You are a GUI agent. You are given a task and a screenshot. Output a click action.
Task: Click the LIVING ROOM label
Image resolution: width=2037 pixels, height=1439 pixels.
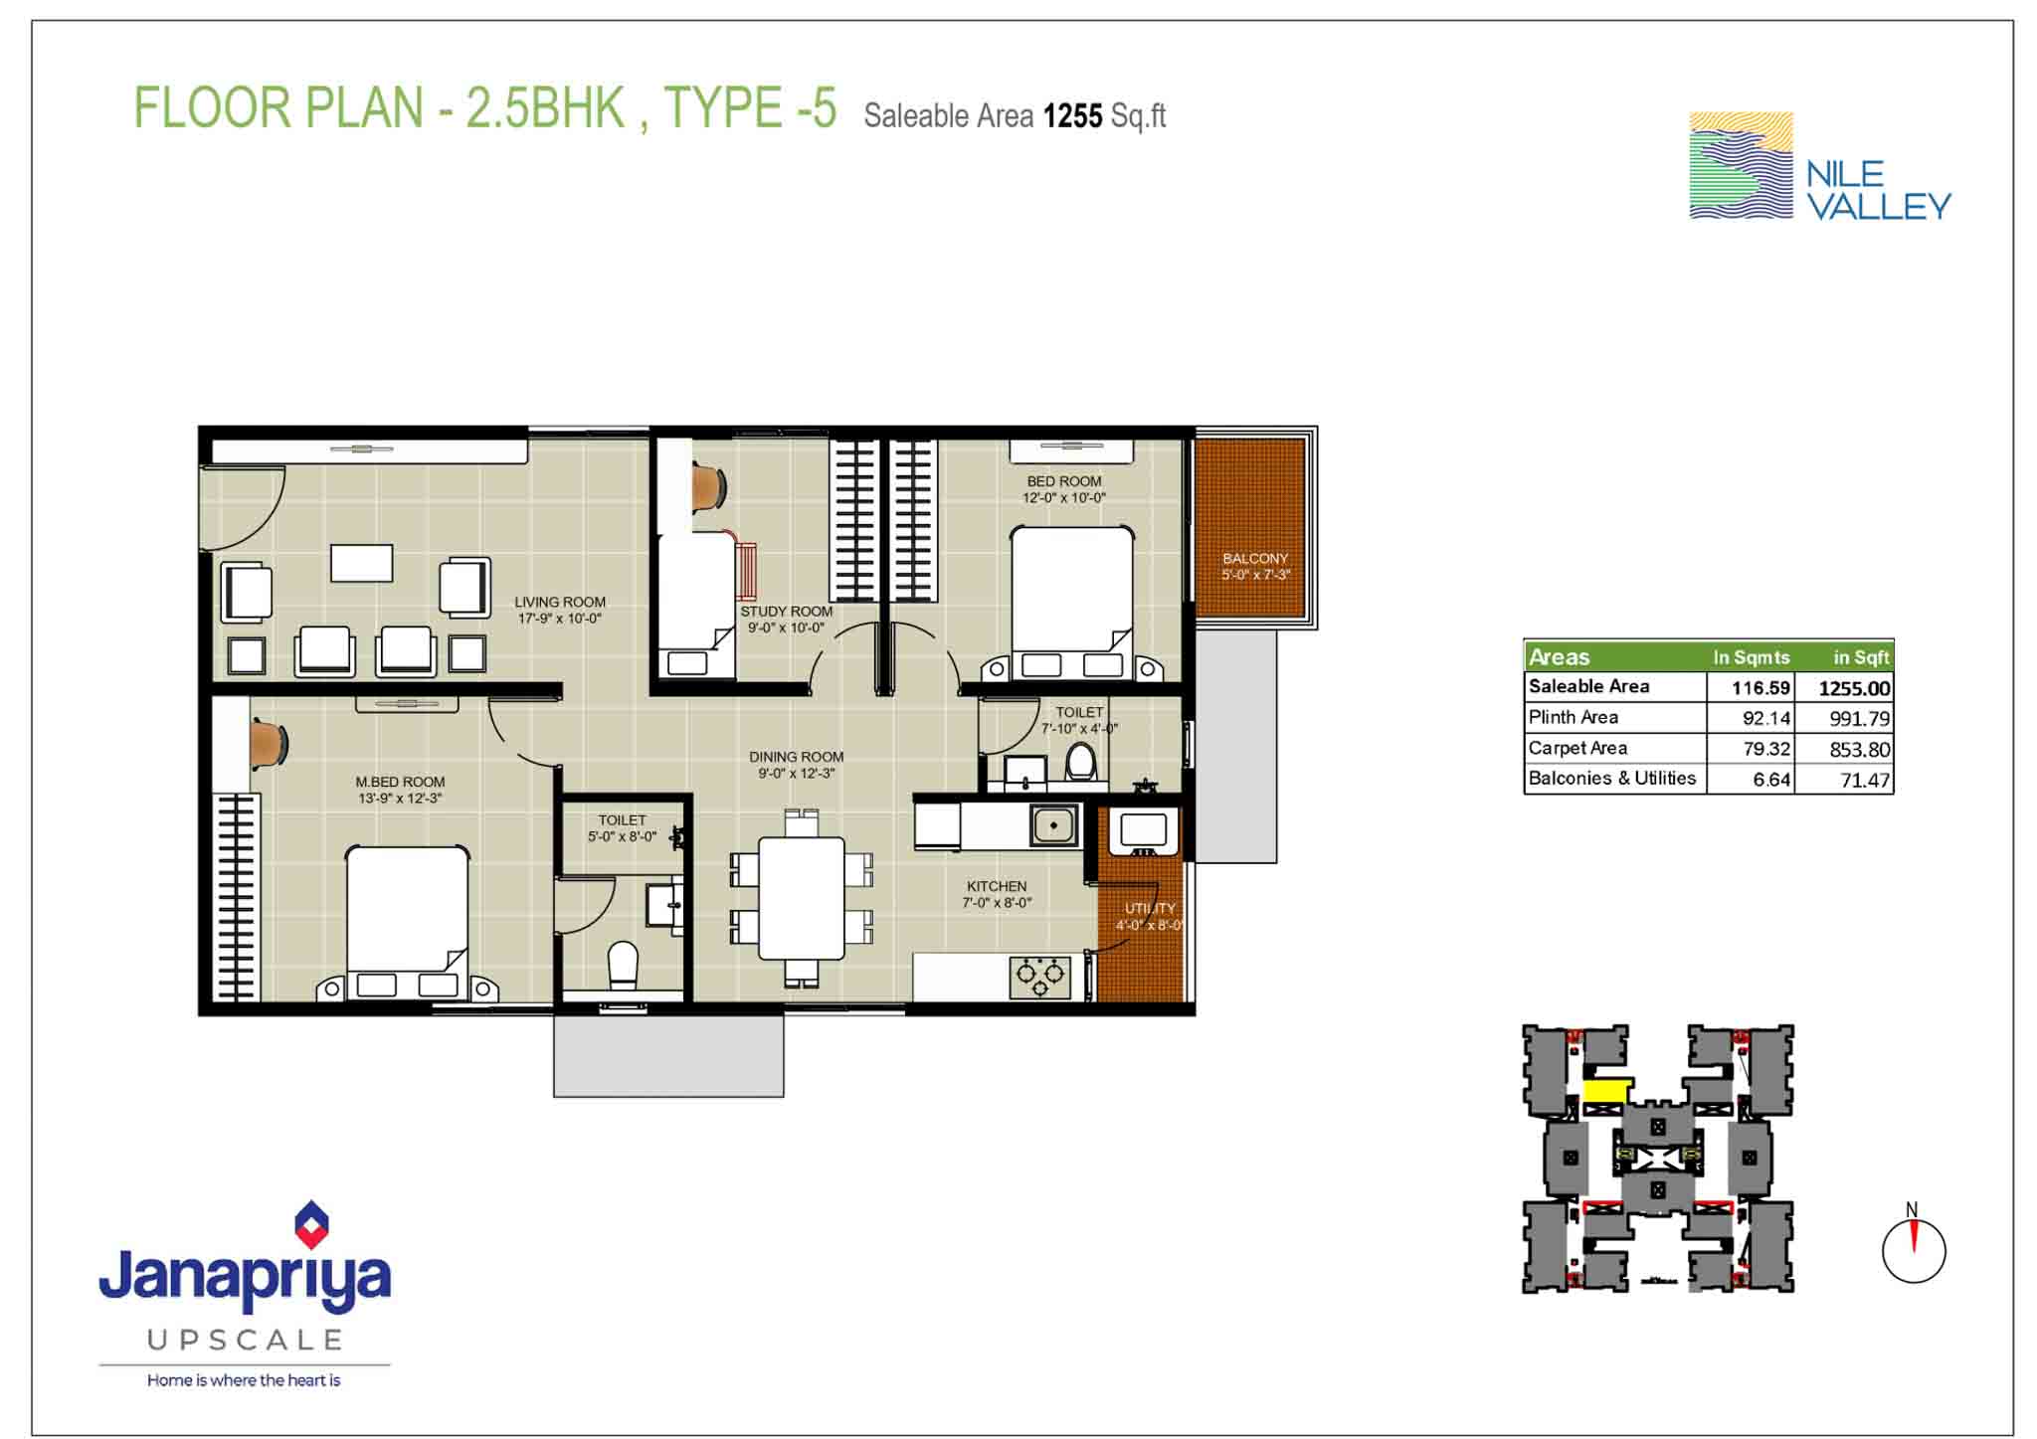tap(560, 602)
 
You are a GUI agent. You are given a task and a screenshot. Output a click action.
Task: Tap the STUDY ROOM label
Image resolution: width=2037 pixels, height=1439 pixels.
tap(786, 612)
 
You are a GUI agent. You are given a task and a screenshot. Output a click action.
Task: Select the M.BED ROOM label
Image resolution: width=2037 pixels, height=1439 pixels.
tap(400, 782)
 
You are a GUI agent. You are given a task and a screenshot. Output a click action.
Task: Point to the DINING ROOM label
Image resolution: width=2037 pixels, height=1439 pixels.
tap(796, 757)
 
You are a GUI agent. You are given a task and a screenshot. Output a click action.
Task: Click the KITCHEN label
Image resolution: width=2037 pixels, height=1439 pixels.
tap(997, 886)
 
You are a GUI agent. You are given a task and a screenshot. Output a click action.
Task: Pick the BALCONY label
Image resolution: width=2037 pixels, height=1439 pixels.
tap(1255, 559)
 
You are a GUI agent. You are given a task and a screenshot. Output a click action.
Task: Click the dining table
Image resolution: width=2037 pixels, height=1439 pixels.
tap(802, 898)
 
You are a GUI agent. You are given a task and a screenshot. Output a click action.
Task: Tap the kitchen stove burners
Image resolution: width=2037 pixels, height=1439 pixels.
tap(1040, 977)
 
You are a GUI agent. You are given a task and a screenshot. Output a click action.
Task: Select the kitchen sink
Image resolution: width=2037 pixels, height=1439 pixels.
tap(1053, 825)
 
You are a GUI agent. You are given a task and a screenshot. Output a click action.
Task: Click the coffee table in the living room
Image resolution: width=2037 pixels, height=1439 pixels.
tap(361, 563)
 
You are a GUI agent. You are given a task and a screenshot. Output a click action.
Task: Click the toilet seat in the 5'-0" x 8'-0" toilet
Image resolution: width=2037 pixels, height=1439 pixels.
tap(623, 965)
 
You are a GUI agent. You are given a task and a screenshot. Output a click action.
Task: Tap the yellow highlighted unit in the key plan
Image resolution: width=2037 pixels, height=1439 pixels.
tap(1605, 1090)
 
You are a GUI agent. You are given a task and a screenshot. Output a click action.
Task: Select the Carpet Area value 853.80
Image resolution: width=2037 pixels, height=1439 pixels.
tap(1859, 750)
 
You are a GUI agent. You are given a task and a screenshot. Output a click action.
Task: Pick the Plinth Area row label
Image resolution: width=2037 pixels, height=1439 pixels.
tap(1574, 717)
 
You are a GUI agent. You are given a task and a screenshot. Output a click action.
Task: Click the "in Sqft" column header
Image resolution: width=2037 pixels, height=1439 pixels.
tap(1861, 657)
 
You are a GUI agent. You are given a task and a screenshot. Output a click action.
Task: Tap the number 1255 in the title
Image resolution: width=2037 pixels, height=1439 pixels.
tap(1072, 116)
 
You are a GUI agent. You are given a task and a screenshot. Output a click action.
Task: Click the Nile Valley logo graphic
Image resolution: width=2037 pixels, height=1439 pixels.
tap(1741, 165)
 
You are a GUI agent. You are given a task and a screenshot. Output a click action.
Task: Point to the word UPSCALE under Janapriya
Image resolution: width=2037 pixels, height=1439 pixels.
tap(245, 1341)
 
